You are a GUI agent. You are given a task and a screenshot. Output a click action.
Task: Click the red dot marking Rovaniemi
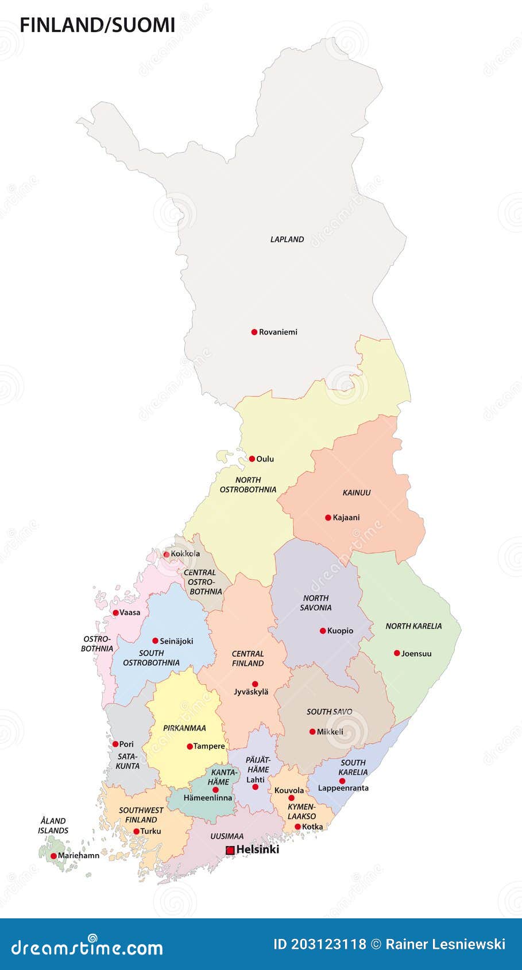[x=254, y=332]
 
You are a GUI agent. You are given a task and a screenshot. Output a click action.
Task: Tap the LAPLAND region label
[x=287, y=239]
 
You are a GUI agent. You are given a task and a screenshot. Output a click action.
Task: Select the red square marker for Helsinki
[x=230, y=850]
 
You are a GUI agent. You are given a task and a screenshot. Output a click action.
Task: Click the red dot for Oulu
[x=252, y=459]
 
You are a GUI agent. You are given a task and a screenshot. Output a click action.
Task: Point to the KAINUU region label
[x=357, y=492]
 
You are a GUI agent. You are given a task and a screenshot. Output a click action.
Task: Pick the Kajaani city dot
[x=328, y=517]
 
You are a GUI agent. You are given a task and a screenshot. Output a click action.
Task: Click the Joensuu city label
[x=416, y=653]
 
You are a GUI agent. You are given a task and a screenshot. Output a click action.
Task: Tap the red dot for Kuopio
[x=323, y=630]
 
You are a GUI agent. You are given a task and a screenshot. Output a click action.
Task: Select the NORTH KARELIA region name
[x=413, y=626]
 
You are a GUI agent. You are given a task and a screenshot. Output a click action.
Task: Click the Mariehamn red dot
[x=53, y=856]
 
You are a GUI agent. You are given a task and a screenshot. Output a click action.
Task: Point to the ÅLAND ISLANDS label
[x=53, y=825]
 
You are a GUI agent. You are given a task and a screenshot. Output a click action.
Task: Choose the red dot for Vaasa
[x=115, y=612]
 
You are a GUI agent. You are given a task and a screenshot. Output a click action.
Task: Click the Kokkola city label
[x=185, y=554]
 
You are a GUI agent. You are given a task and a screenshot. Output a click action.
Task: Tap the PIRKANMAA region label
[x=184, y=728]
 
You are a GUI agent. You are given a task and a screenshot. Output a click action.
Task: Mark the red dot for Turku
[x=136, y=831]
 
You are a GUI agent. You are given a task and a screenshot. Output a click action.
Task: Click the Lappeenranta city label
[x=343, y=788]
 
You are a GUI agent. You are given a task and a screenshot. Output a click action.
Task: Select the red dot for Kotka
[x=297, y=827]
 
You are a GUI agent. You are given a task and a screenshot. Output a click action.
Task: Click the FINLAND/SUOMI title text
[x=98, y=25]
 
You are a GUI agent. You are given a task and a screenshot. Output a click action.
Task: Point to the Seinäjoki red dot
[x=155, y=641]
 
